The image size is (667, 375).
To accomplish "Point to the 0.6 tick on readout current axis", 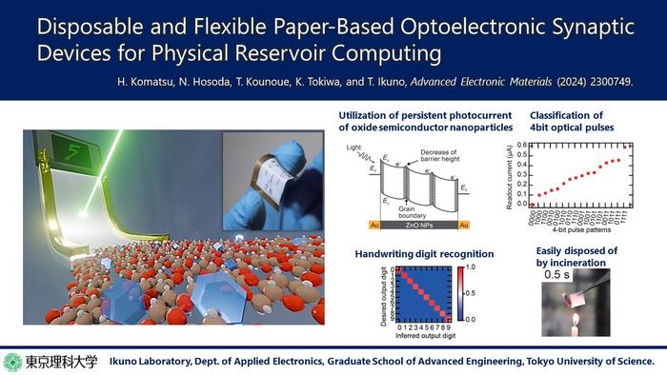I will [x=525, y=146].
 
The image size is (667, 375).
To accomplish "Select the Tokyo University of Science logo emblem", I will [x=14, y=362].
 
